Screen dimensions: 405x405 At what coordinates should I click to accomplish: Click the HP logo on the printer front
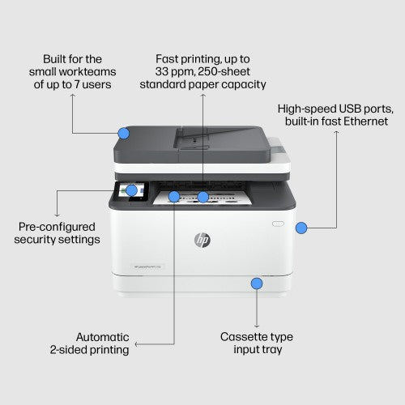202,240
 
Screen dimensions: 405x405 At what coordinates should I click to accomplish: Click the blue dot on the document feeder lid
124,132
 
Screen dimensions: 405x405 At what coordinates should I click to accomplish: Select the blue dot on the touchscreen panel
132,190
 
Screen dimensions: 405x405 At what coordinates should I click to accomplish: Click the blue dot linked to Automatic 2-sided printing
173,196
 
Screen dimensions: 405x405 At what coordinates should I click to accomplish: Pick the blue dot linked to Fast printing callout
203,196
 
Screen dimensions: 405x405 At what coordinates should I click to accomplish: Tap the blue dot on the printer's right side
301,228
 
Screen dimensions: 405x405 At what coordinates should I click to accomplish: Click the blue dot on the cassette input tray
257,283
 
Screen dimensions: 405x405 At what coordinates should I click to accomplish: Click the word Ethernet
364,121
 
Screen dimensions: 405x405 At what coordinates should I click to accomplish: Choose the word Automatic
102,336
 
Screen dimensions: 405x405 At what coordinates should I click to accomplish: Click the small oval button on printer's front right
278,224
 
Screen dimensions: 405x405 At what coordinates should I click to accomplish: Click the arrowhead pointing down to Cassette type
257,323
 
